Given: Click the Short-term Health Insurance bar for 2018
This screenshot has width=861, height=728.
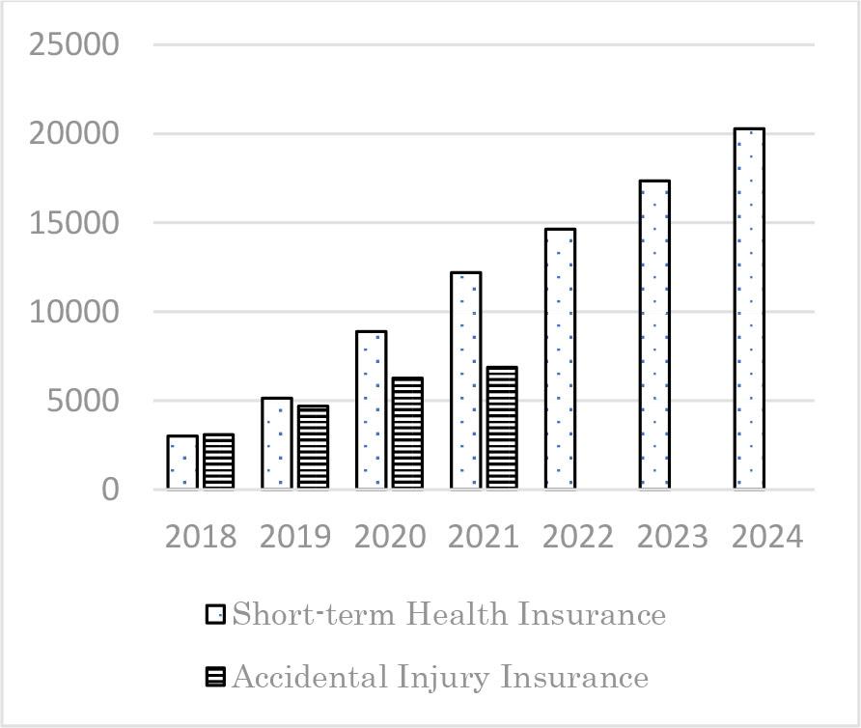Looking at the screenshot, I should point(182,462).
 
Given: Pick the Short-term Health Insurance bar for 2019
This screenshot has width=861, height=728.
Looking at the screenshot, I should point(276,443).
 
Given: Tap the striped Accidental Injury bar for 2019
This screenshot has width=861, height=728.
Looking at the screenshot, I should point(313,447).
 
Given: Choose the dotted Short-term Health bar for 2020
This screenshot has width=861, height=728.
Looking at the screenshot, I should point(372,410).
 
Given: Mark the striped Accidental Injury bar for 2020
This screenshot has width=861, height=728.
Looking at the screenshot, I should point(407,434).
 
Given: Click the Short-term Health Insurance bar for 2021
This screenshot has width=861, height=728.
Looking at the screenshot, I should point(465,380).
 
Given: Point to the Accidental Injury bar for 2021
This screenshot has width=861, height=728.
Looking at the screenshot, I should point(502,428).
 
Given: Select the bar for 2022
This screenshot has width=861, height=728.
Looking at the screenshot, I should point(560,359).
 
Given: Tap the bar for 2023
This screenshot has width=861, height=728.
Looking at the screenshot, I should point(654,335).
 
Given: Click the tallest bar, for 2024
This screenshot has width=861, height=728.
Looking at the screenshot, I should point(749,309).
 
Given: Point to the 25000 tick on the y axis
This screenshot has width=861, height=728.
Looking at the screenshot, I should point(74,45).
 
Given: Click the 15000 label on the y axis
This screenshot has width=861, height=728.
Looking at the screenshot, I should point(74,223).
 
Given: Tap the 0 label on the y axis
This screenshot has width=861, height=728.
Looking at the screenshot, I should point(110,490).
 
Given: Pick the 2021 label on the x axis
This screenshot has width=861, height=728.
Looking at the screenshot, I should point(484,537).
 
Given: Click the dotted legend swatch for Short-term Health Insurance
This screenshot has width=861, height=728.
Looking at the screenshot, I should point(215,615).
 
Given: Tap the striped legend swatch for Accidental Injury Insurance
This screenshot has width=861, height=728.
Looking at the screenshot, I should point(215,678).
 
